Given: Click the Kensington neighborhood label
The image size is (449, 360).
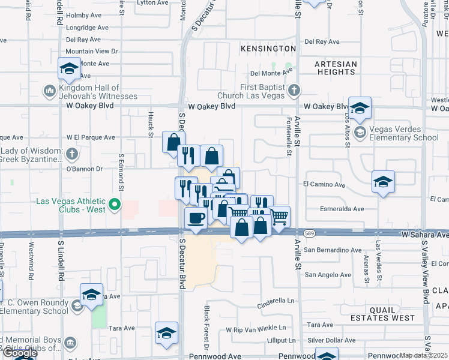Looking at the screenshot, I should click(268, 48).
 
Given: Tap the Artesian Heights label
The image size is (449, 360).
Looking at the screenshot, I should click(336, 68).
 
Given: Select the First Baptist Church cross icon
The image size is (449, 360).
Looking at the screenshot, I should click(294, 91).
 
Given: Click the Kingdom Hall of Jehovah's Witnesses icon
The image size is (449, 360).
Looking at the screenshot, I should click(49, 91).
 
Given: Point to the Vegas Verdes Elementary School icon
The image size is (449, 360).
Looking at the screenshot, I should click(360, 132).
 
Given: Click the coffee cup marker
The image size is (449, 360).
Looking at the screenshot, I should click(195, 218).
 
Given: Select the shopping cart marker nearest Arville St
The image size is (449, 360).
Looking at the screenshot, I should click(279, 216).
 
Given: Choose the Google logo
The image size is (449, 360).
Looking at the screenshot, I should click(19, 353).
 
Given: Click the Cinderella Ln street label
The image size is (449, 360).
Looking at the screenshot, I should click(277, 300).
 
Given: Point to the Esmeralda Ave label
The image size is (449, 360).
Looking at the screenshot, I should click(342, 209).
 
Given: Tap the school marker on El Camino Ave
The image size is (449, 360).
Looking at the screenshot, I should click(383, 181).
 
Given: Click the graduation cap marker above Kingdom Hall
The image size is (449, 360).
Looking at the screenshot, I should click(69, 68).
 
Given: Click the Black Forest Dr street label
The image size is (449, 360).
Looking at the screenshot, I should click(206, 327).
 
